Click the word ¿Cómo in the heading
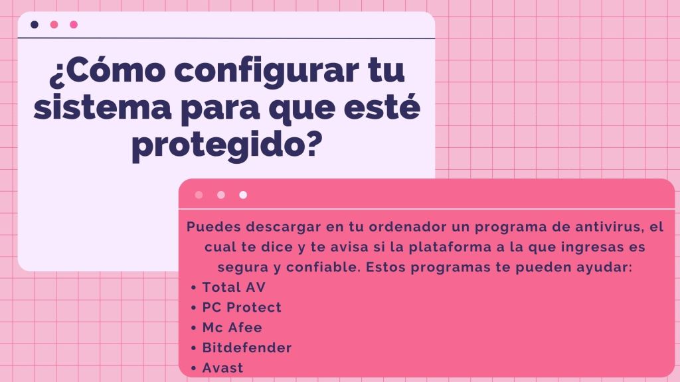pos(107,70)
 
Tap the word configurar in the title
pos(267,72)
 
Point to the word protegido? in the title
pos(227,144)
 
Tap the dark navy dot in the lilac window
pos(35,25)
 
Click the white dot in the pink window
pos(243,195)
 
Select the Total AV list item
pos(234,287)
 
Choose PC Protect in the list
pos(242,307)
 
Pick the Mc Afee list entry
pos(232,328)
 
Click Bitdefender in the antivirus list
pos(247,348)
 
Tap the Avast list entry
pos(222,367)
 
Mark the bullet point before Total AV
pos(193,288)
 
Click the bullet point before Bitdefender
pos(193,348)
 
